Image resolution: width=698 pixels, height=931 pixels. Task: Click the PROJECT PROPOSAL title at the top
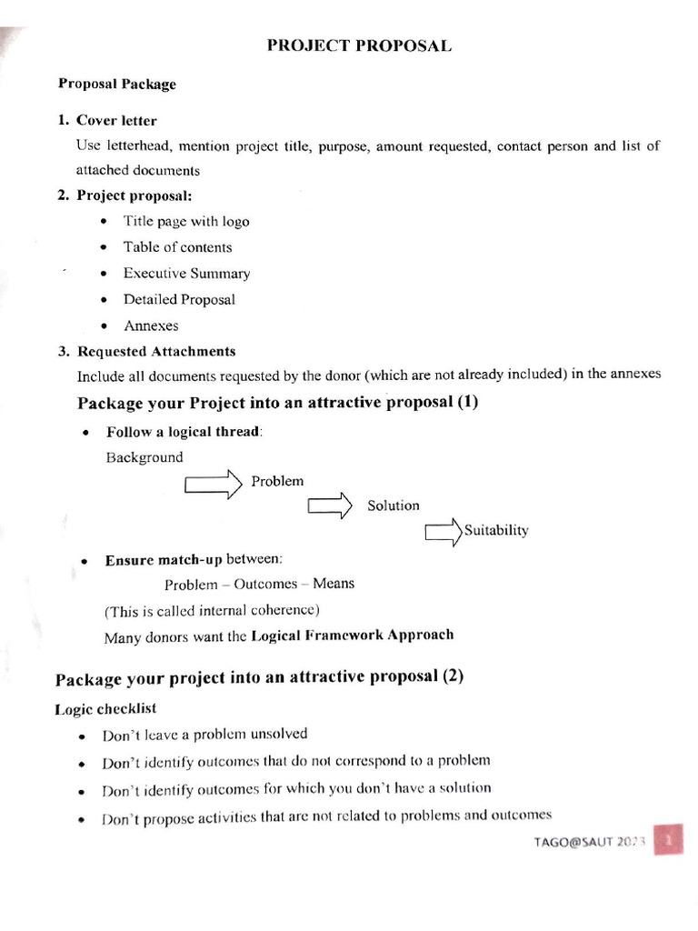[358, 46]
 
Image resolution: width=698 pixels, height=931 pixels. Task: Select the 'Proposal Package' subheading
[117, 84]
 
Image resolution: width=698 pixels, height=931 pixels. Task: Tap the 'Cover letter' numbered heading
[116, 120]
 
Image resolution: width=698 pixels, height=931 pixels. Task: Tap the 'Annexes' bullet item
[151, 325]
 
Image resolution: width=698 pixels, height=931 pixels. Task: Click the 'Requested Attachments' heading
[156, 351]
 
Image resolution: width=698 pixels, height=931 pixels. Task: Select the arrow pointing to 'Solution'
[329, 506]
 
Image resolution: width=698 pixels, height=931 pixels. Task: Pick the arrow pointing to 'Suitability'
[444, 532]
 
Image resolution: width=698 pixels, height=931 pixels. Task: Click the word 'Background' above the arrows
[145, 457]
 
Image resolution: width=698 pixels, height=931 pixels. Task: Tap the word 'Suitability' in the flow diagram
[496, 531]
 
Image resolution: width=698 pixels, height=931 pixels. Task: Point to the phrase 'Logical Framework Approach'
[352, 636]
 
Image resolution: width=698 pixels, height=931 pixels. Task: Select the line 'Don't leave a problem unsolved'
[204, 735]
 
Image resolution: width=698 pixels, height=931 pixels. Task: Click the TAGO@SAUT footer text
[588, 842]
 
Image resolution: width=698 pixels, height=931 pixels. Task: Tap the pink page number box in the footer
[671, 842]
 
